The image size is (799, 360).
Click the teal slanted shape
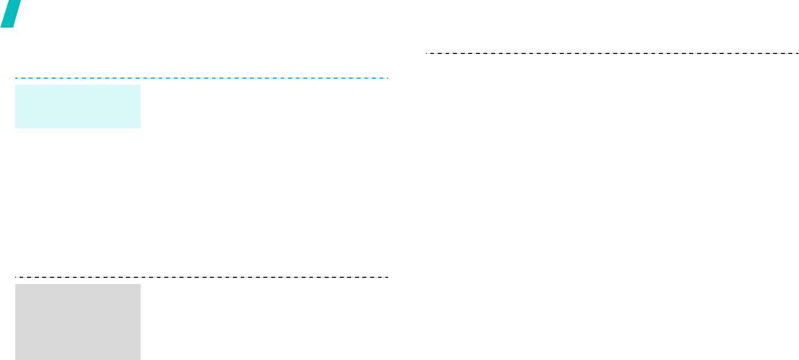(11, 13)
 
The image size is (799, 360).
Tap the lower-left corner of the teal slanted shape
(1, 26)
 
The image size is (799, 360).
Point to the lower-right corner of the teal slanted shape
(12, 26)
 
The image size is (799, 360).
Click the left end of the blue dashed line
(15, 78)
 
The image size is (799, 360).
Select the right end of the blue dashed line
(388, 78)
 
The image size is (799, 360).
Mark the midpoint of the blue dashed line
(201, 78)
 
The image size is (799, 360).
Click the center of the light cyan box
(78, 106)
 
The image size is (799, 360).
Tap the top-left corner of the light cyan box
(15, 85)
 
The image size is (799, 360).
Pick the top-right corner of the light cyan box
(140, 85)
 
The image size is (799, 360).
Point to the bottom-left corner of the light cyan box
(15, 128)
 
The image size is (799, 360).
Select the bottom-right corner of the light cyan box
(140, 128)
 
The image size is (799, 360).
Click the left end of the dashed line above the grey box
(15, 277)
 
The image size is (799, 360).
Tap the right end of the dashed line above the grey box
(388, 277)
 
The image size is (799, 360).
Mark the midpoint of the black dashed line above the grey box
(201, 277)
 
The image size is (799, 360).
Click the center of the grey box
(78, 322)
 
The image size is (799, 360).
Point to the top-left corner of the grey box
(15, 284)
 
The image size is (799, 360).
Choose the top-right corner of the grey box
(140, 284)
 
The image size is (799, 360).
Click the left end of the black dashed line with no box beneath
(426, 53)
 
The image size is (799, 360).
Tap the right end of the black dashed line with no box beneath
(798, 53)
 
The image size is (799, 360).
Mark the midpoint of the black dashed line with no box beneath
(612, 53)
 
